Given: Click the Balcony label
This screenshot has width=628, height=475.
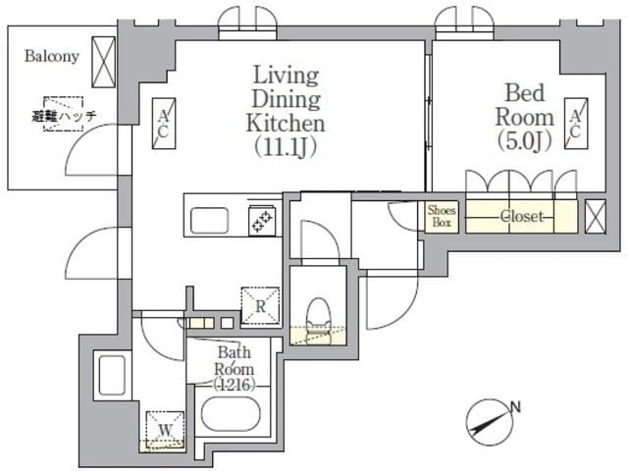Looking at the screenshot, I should pyautogui.click(x=51, y=56).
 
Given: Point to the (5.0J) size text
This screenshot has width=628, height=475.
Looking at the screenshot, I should pyautogui.click(x=526, y=140).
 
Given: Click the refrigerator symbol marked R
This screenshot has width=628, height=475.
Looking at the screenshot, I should pyautogui.click(x=259, y=305).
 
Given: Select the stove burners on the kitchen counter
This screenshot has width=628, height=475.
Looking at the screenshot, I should pyautogui.click(x=262, y=222).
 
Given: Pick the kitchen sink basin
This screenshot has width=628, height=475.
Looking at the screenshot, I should pyautogui.click(x=209, y=221).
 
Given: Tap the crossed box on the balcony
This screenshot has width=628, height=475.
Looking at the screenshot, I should pyautogui.click(x=102, y=61).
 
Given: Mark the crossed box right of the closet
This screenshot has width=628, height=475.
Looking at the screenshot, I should pyautogui.click(x=595, y=215).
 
